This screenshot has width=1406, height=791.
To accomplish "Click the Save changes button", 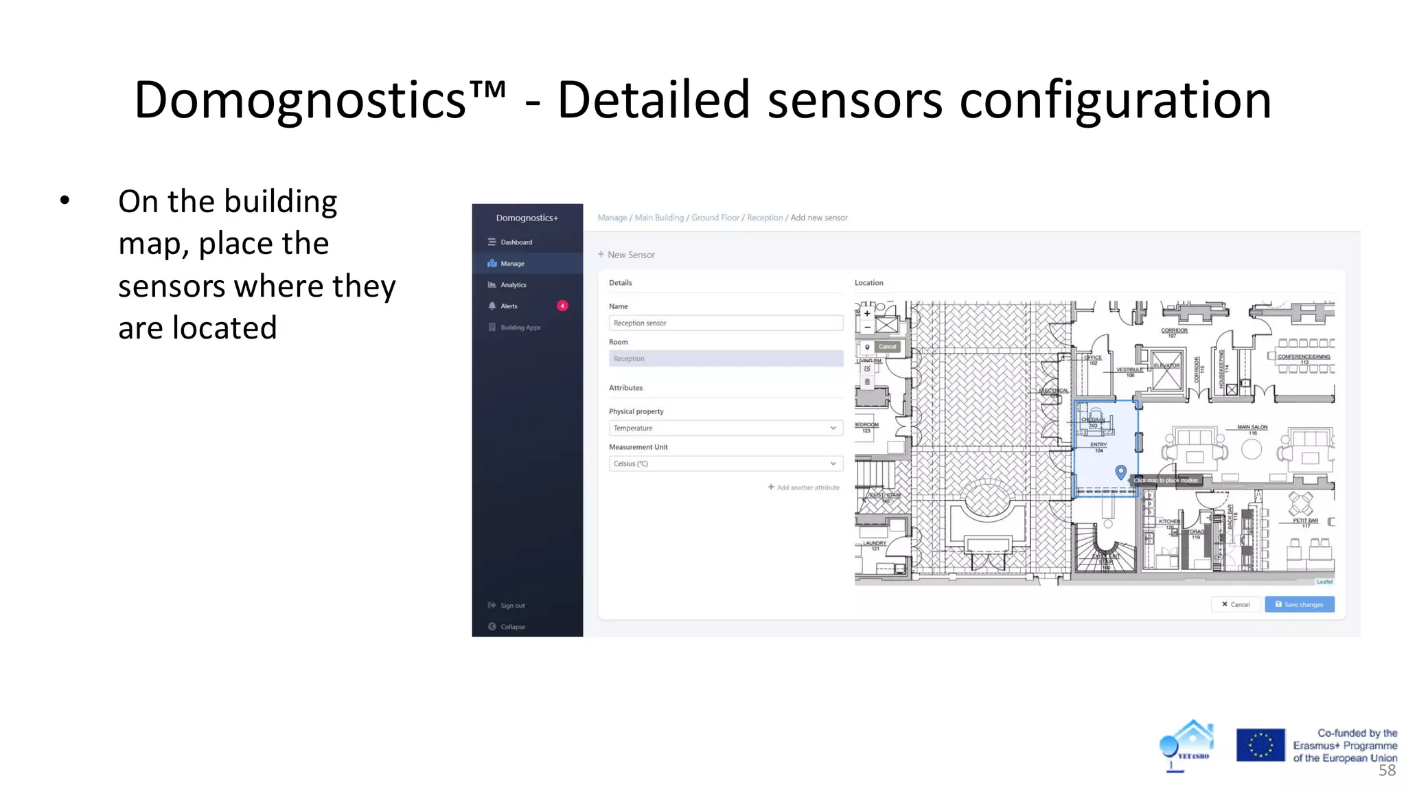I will pyautogui.click(x=1299, y=604).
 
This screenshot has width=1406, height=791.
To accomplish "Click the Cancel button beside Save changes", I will pyautogui.click(x=1235, y=604).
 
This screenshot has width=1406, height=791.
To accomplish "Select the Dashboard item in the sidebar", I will pyautogui.click(x=516, y=242).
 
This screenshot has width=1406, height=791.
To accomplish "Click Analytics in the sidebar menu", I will pyautogui.click(x=513, y=285).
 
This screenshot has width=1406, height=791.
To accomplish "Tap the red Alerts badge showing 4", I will pyautogui.click(x=562, y=306).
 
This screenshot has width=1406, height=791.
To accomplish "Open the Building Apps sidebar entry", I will pyautogui.click(x=520, y=328).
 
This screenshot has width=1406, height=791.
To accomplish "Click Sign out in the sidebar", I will pyautogui.click(x=512, y=606).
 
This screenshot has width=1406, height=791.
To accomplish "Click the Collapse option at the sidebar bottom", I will pyautogui.click(x=512, y=627).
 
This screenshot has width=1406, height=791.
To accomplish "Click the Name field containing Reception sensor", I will pyautogui.click(x=725, y=323).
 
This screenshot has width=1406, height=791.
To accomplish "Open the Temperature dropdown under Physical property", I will pyautogui.click(x=725, y=428).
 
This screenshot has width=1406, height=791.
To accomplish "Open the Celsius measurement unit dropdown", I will pyautogui.click(x=725, y=463).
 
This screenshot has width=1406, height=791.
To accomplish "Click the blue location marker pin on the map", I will pyautogui.click(x=1120, y=472).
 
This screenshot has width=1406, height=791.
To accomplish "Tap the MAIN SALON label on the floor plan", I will pyautogui.click(x=1252, y=428).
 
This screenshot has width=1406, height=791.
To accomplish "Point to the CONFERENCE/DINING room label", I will pyautogui.click(x=1303, y=357).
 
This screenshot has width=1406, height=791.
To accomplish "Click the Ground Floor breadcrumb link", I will pyautogui.click(x=715, y=218).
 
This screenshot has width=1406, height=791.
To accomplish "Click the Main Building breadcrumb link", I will pyautogui.click(x=659, y=218).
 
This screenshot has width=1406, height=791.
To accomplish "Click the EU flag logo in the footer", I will pyautogui.click(x=1260, y=745).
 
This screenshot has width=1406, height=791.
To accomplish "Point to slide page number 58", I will pyautogui.click(x=1387, y=770).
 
